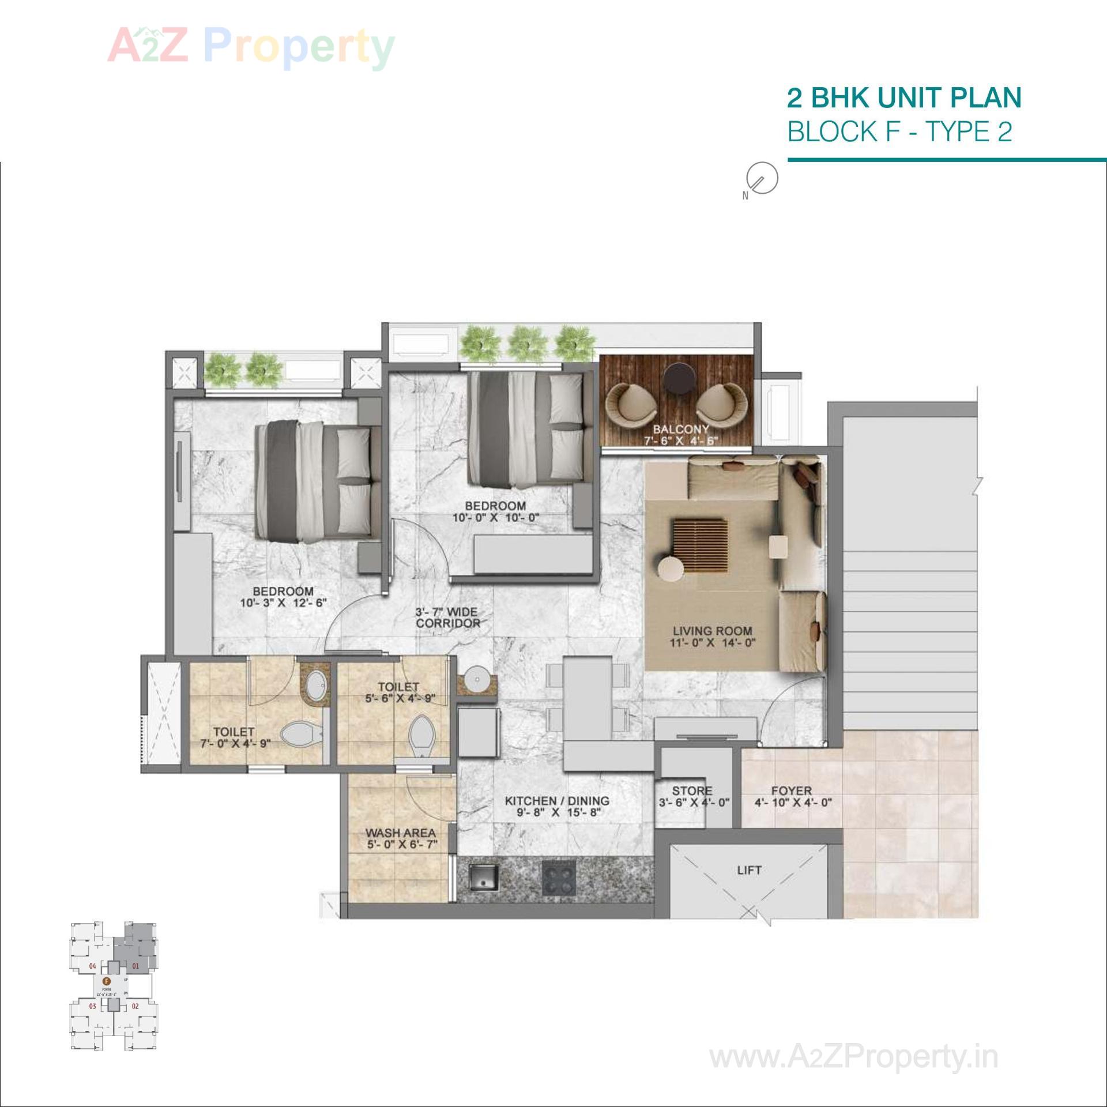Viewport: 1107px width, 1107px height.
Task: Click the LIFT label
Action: click(749, 870)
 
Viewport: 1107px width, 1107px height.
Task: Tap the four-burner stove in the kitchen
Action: click(559, 879)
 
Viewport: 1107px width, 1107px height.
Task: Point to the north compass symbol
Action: click(762, 178)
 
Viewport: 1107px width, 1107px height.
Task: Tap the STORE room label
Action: click(692, 791)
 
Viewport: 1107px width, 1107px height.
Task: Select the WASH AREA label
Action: click(400, 833)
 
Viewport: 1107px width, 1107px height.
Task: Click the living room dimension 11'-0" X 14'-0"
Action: click(712, 642)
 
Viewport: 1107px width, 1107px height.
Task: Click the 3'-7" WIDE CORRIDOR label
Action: click(448, 617)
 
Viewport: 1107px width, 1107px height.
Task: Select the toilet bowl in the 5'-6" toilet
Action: click(421, 734)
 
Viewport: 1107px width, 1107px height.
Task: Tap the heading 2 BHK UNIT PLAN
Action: click(903, 98)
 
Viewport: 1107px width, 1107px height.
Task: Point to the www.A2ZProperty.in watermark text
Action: click(853, 1057)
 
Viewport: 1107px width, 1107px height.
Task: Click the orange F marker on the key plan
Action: click(106, 980)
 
